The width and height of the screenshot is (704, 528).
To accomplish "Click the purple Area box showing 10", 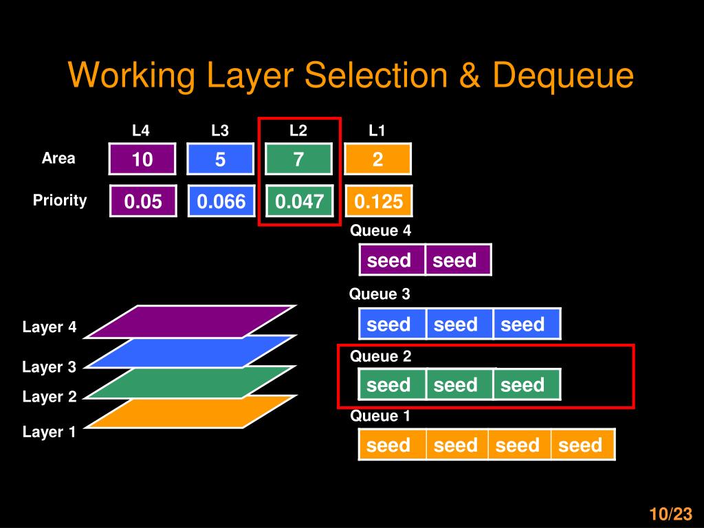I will pos(142,159).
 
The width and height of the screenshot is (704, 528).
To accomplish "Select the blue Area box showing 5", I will pos(220,159).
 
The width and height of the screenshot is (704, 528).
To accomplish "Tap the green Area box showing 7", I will pos(298,159).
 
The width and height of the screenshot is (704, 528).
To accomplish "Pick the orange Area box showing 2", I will pos(377,159).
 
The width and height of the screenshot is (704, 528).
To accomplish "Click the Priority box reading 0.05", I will pos(142,201).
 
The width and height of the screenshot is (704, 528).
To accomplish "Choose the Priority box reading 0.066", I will pos(221,201).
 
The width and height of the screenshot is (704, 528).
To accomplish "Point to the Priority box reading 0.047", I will pos(299,201).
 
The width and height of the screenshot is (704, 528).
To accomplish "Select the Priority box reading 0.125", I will pos(378,201).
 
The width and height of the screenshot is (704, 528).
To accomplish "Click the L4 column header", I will pos(141,131).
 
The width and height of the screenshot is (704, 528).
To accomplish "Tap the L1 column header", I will pos(377,131).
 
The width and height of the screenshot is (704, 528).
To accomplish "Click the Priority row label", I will pos(60,201).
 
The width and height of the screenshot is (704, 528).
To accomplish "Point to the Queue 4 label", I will pos(380,231).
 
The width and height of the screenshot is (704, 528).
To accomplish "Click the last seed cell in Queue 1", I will pos(582,445).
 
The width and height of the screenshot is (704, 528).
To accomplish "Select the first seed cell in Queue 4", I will pos(390,260).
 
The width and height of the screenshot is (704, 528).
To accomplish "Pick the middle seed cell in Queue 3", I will pos(456,324).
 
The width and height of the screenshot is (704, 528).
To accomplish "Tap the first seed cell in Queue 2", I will pos(390,385).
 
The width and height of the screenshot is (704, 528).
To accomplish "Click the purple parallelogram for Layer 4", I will pos(191,321).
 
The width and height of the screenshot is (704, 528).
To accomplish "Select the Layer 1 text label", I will pos(49,432).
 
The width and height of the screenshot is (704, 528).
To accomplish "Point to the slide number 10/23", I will pos(670,514).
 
